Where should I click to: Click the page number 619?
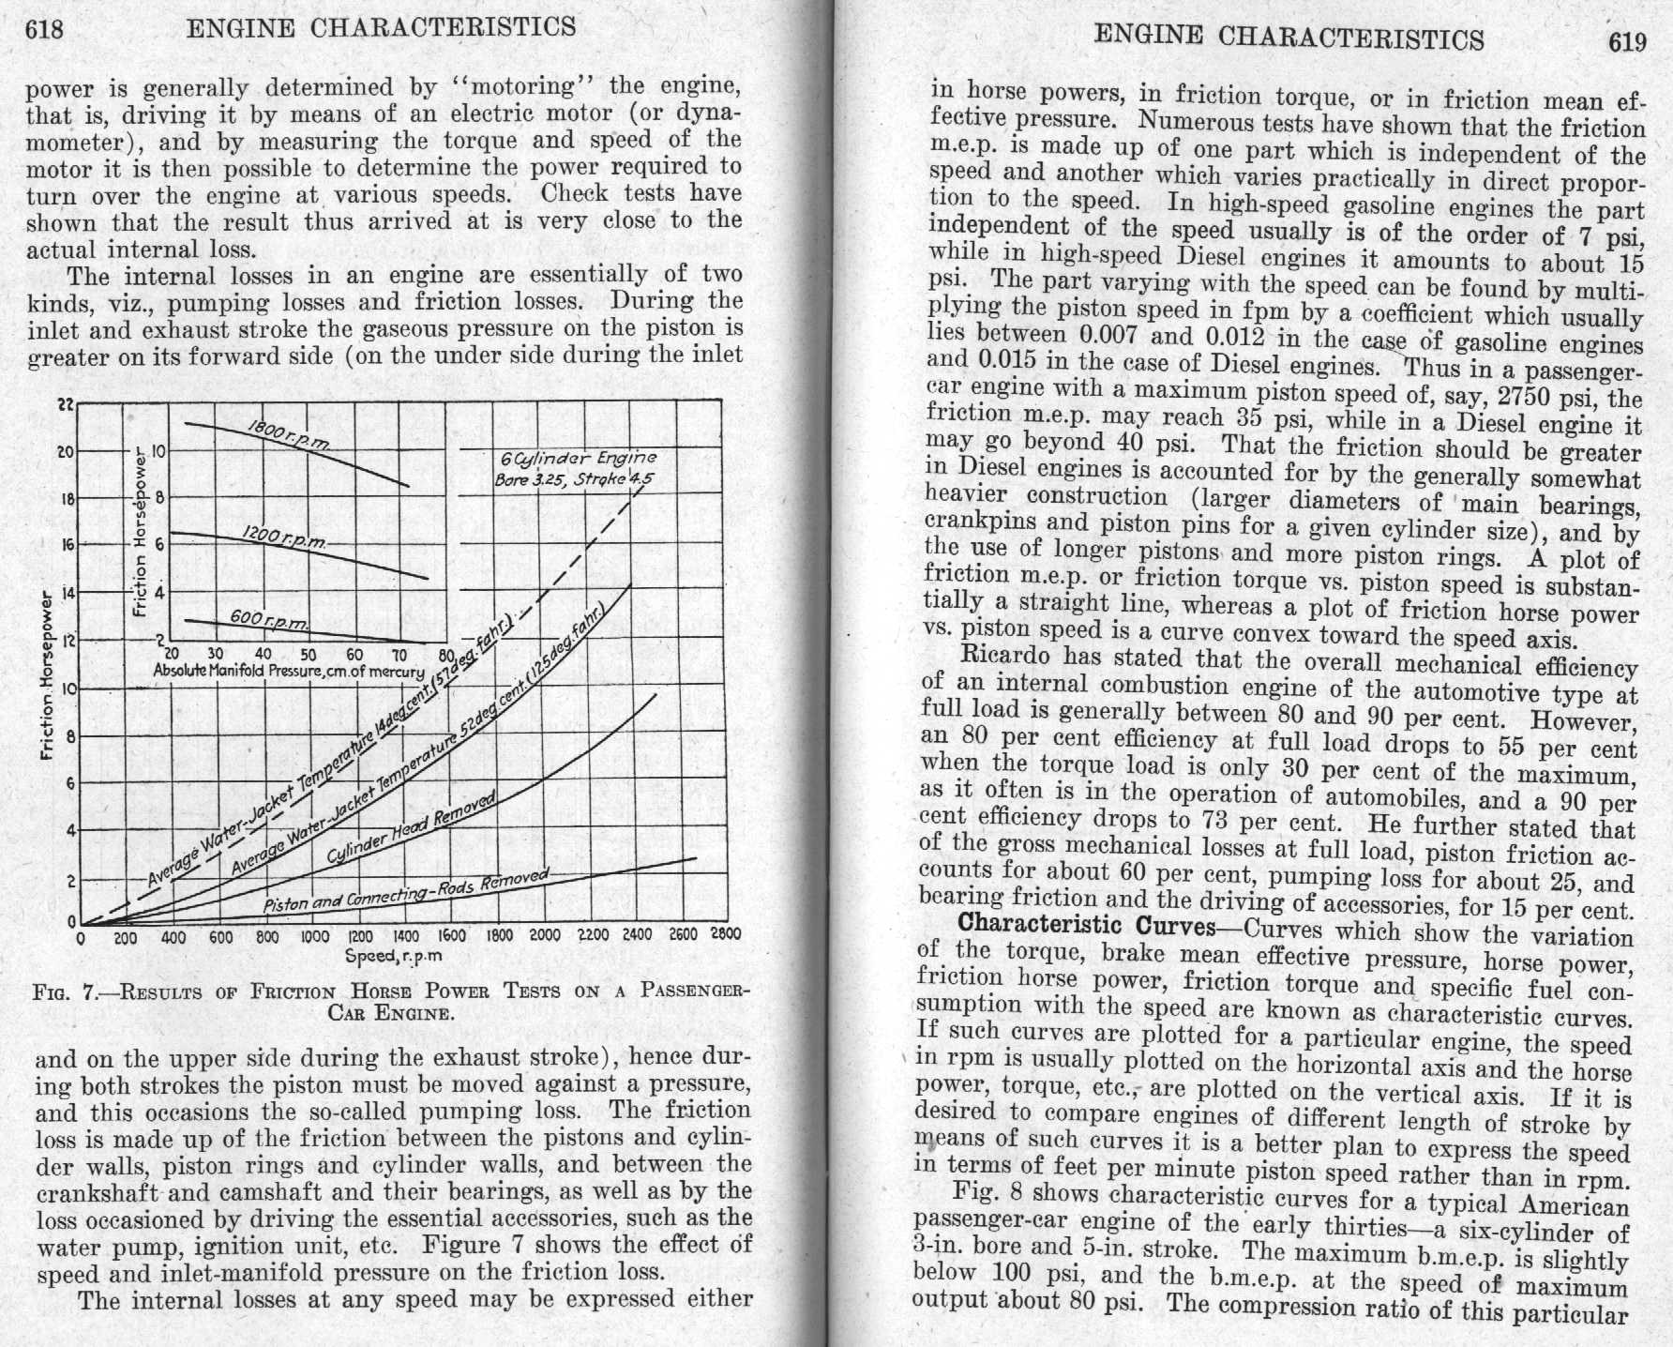tap(1626, 42)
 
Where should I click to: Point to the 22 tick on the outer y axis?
tap(66, 404)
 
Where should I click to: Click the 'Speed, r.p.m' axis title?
tap(394, 957)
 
